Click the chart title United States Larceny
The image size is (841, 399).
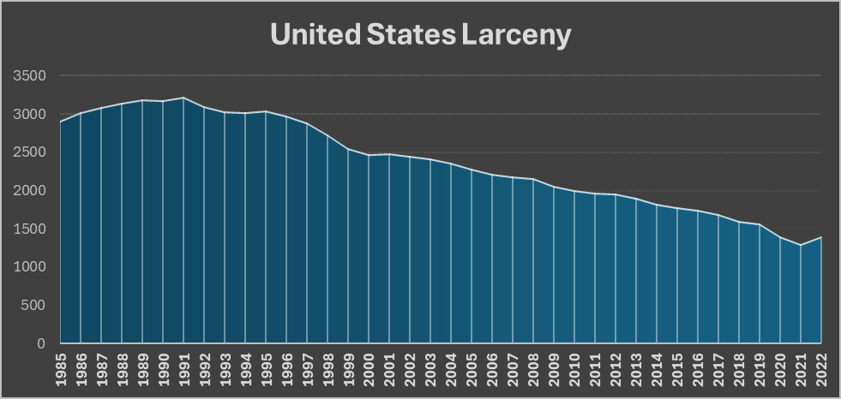click(420, 35)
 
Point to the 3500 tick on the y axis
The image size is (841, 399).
click(29, 76)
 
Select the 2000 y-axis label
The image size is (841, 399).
click(29, 191)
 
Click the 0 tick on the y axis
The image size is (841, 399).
click(41, 344)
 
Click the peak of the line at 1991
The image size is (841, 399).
click(183, 98)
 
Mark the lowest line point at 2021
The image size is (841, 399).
click(801, 245)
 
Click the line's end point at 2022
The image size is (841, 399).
click(820, 237)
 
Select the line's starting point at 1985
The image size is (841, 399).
click(61, 122)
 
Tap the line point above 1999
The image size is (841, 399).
click(348, 149)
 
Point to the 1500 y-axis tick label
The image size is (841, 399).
click(29, 229)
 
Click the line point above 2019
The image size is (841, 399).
click(760, 224)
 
